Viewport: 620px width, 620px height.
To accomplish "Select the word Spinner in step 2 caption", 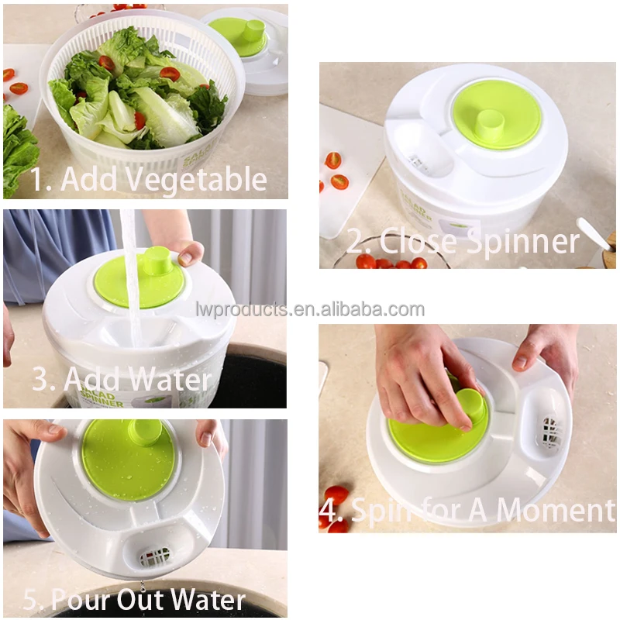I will [x=524, y=242].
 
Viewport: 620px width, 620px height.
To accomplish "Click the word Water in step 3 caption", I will [x=170, y=380].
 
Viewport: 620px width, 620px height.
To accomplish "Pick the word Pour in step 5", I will [x=84, y=599].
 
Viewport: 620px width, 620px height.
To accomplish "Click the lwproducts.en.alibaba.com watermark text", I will [x=310, y=310].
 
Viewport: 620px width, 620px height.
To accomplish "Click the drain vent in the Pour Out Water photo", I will [x=154, y=556].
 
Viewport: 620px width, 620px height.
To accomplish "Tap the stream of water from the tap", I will [x=131, y=279].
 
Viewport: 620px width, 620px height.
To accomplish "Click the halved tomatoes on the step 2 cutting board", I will [x=335, y=170].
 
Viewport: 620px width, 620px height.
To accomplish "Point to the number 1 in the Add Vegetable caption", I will [x=37, y=181].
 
